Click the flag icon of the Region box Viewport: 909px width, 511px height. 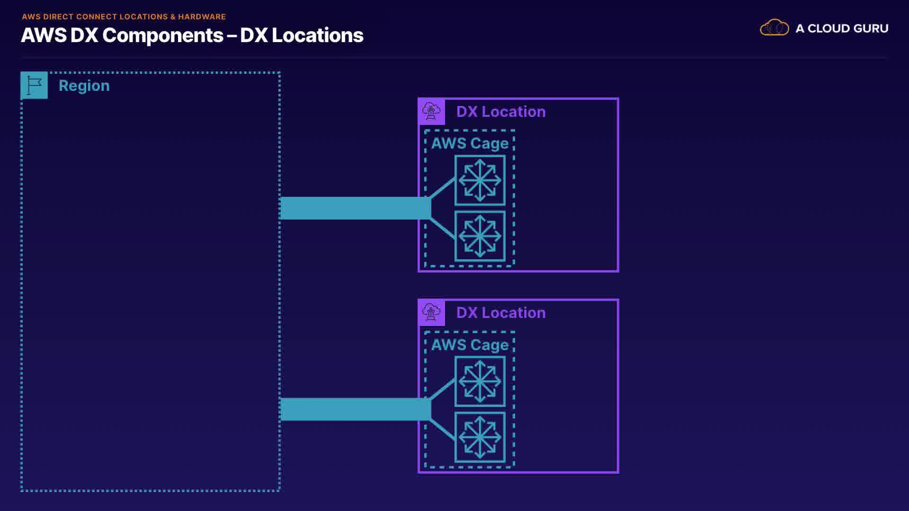point(34,85)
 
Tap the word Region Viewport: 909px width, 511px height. point(84,86)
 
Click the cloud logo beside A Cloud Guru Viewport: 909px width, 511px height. point(774,27)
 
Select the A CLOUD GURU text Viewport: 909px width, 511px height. point(842,28)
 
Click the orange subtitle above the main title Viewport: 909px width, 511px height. point(124,17)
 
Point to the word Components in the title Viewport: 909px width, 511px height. point(163,35)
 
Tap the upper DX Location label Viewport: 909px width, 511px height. point(501,112)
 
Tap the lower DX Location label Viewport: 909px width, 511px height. point(501,313)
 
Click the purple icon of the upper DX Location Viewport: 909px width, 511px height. point(431,112)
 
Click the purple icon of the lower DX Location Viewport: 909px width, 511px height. point(431,313)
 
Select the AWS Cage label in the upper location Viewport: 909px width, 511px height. point(470,143)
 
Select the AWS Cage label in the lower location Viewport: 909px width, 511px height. point(470,345)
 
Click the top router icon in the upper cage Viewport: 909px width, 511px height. point(480,180)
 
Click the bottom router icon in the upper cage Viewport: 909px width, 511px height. point(480,236)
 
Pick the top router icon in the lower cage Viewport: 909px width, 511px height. point(480,381)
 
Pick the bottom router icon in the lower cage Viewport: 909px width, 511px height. point(480,437)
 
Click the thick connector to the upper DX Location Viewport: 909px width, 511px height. point(356,208)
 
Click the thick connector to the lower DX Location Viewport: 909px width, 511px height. point(356,409)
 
